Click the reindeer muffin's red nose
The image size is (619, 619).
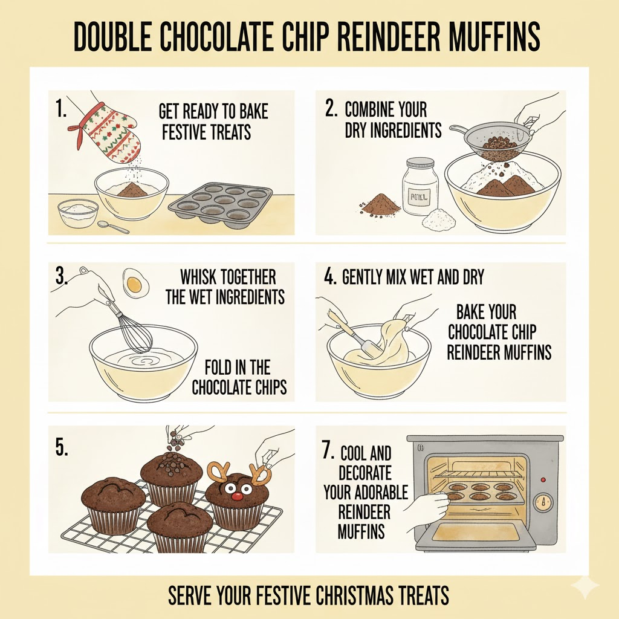coord(237,496)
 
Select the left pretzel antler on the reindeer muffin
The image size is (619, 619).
coord(218,471)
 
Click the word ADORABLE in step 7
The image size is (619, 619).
coord(366,492)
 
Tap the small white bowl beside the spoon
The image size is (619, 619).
coord(77,213)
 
